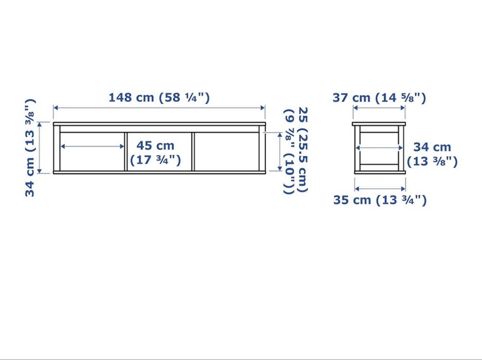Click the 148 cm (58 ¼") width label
pos(159,97)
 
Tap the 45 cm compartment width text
pos(155,146)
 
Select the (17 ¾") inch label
pos(155,160)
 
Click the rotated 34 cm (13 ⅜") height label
pos(31,148)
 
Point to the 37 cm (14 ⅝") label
pos(379,98)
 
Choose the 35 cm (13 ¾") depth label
pos(380,200)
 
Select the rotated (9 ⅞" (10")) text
pos(290,152)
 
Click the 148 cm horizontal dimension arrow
pos(159,107)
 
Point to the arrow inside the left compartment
pos(93,147)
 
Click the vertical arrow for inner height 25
pos(279,152)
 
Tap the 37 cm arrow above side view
pos(379,107)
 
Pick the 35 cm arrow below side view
pos(379,188)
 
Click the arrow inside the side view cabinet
pos(379,148)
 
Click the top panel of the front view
pos(159,124)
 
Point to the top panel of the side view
pos(379,124)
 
